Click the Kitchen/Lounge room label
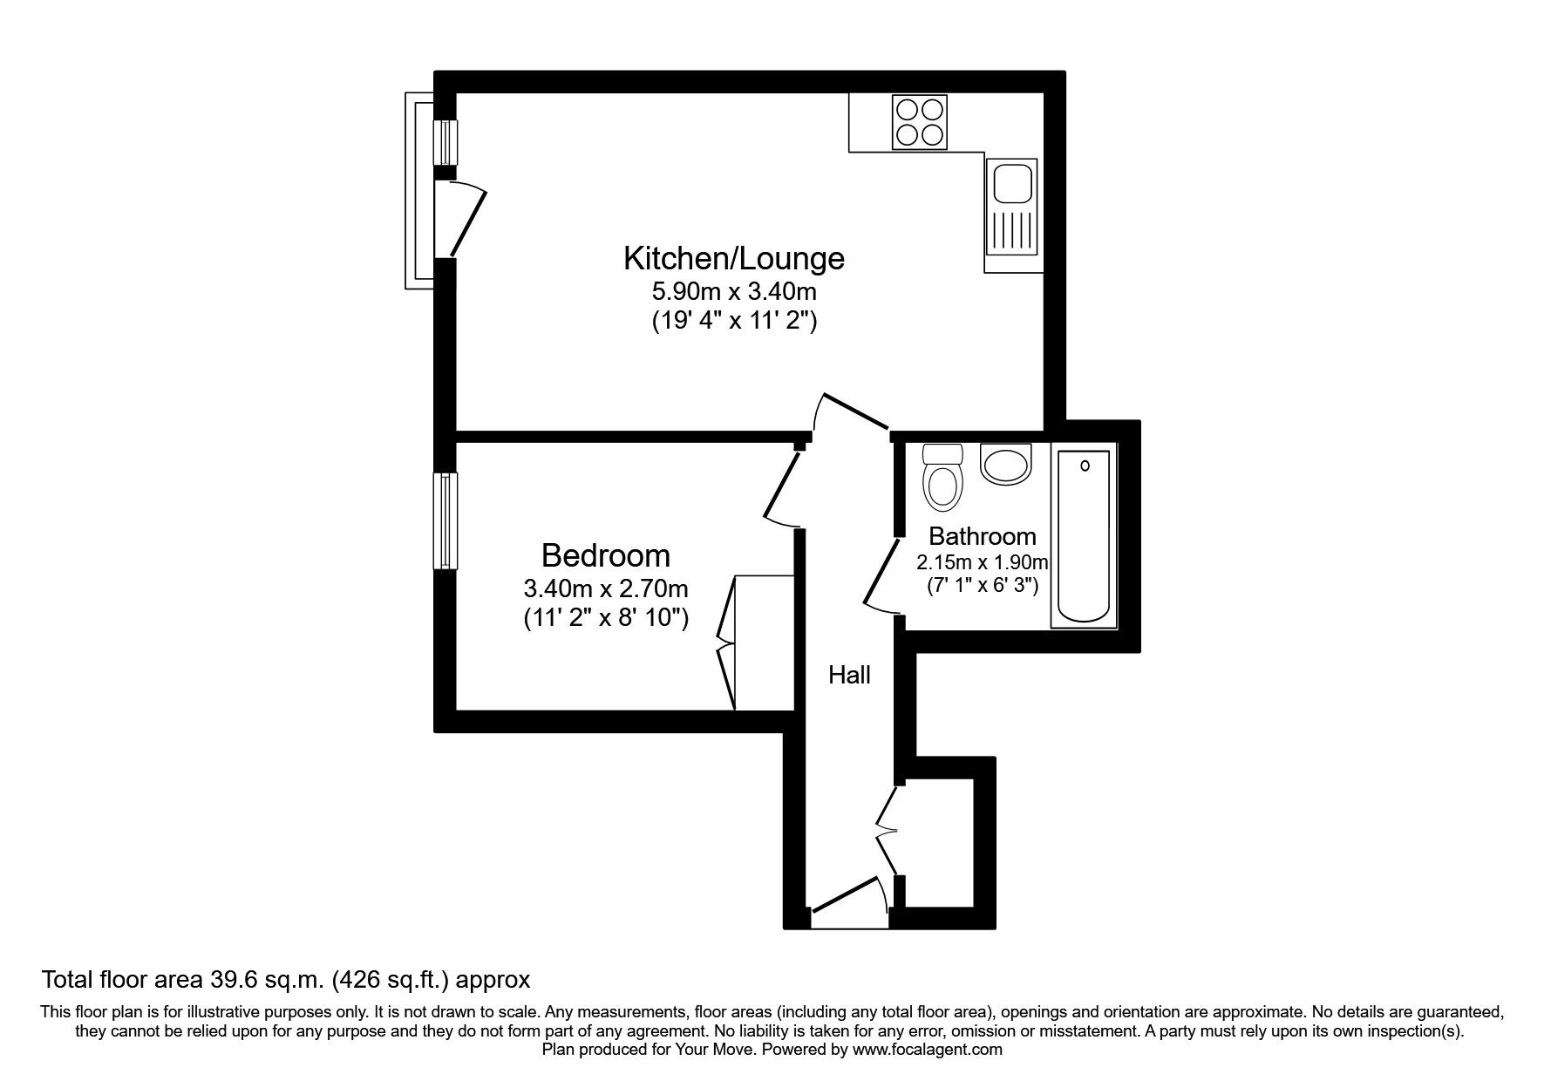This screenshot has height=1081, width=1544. pyautogui.click(x=733, y=258)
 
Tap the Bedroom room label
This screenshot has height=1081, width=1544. pyautogui.click(x=605, y=555)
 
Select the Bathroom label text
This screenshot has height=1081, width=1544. pyautogui.click(x=982, y=535)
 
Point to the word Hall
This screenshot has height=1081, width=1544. pyautogui.click(x=849, y=674)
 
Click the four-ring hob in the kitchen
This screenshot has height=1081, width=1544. pyautogui.click(x=919, y=122)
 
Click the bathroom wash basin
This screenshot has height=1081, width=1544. pyautogui.click(x=1005, y=463)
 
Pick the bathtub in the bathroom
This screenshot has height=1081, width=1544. pyautogui.click(x=1084, y=536)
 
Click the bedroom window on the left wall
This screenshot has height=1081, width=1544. pyautogui.click(x=446, y=520)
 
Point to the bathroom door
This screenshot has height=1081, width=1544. pyautogui.click(x=882, y=574)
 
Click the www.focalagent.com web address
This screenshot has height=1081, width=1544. pyautogui.click(x=928, y=1050)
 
